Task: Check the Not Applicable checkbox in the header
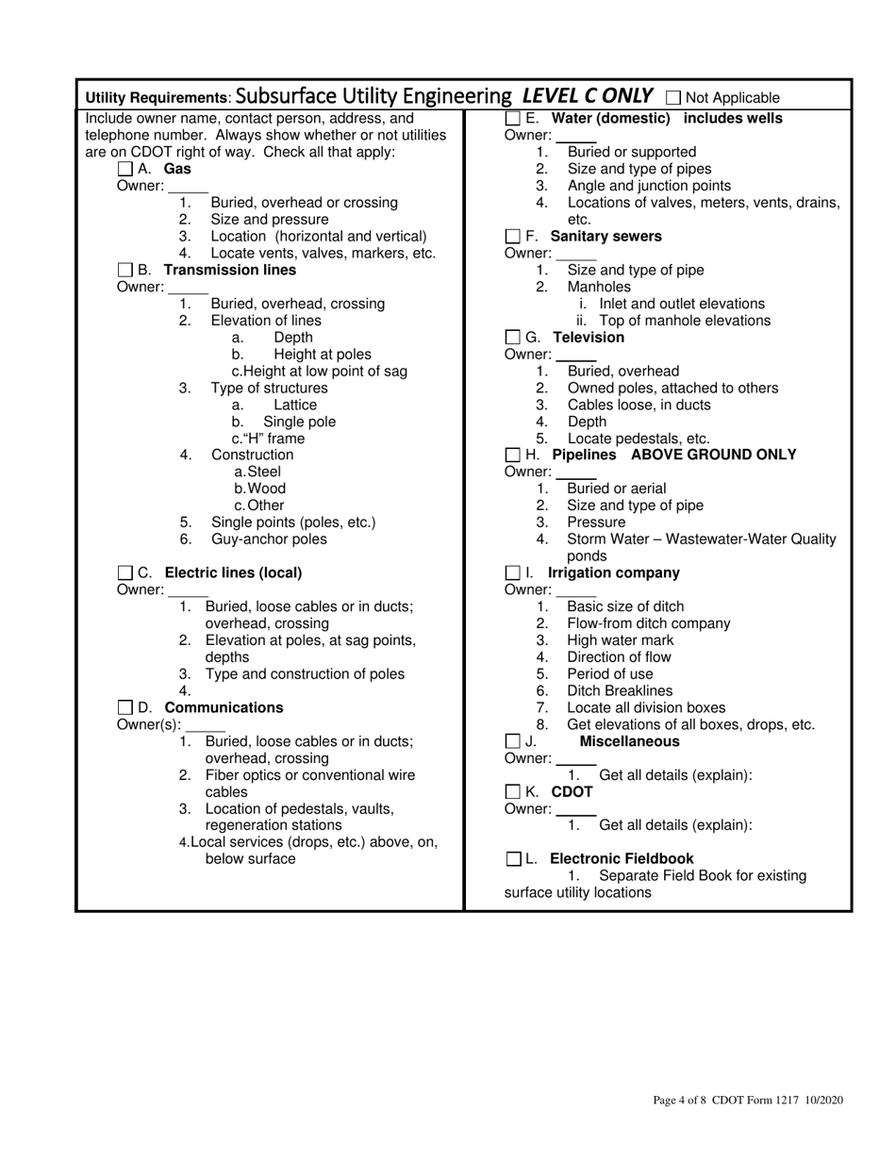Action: point(673,97)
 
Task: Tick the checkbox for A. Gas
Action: point(125,170)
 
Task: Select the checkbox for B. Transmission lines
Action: point(125,271)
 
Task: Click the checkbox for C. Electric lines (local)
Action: point(125,573)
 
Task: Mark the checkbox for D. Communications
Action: point(125,708)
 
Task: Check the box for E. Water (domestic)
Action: point(513,119)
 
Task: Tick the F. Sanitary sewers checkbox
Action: point(513,237)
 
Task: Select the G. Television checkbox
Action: point(513,338)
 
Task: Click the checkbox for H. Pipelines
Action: point(513,456)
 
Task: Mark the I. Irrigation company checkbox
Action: point(513,573)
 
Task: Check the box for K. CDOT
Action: point(513,792)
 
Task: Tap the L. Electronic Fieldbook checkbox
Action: point(513,859)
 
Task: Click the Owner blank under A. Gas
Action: point(188,187)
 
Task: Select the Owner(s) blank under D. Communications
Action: point(206,725)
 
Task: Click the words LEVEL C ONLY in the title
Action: point(587,95)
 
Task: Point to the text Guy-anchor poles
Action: point(269,539)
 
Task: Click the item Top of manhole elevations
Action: point(685,321)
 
